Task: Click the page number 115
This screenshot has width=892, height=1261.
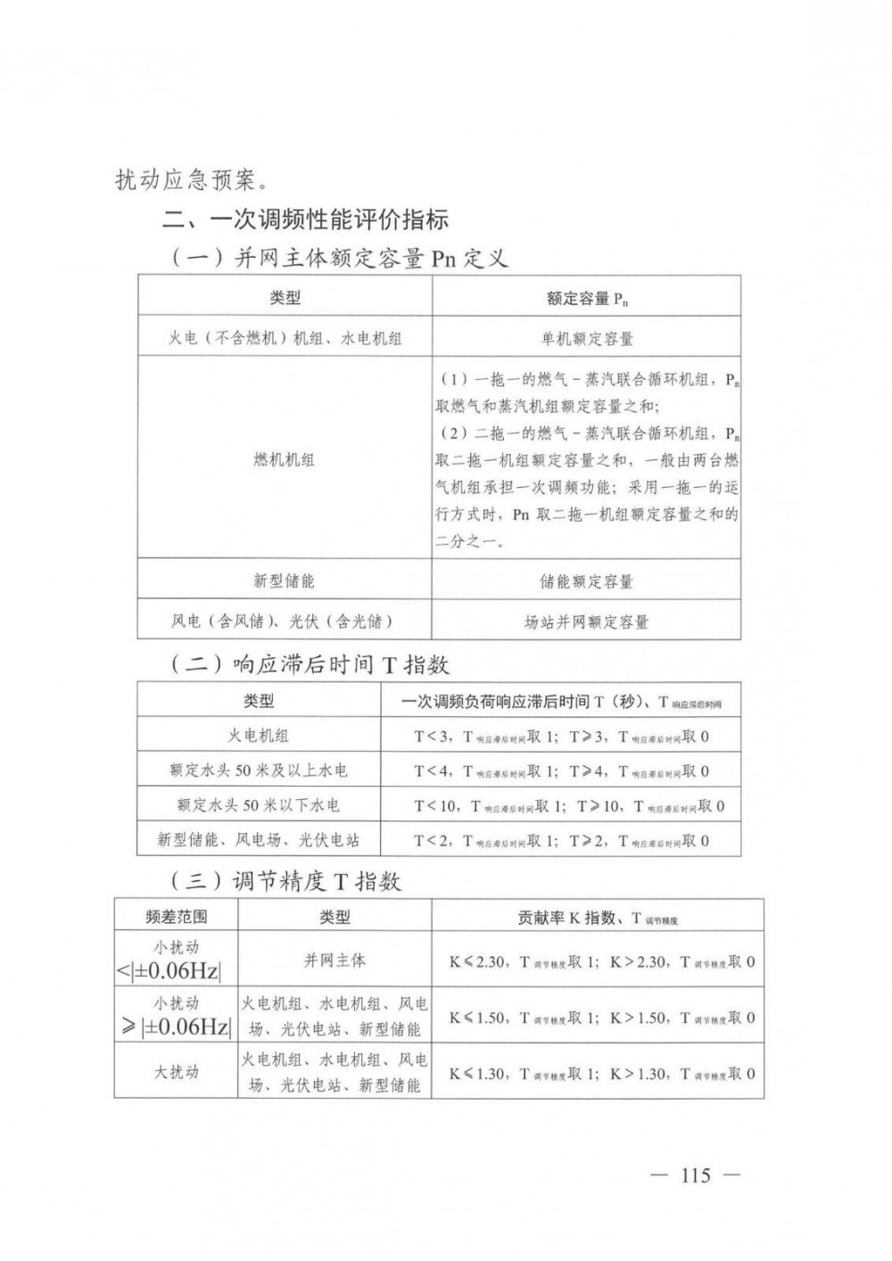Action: coord(695,1174)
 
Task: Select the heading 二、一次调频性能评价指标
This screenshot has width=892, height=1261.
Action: coord(304,218)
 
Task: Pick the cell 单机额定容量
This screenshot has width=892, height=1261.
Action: coord(587,339)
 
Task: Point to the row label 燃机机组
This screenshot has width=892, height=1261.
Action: coord(284,460)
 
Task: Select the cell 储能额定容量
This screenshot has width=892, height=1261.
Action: coord(587,581)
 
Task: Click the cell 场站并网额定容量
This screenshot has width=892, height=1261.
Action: coord(587,622)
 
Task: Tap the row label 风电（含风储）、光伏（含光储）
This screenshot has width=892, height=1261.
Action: coord(284,622)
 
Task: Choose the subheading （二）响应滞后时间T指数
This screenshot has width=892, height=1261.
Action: coord(309,665)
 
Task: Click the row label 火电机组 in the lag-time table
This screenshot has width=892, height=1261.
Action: coord(259,736)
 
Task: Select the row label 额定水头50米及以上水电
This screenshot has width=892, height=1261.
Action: coord(259,771)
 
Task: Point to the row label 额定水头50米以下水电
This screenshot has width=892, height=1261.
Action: coord(259,805)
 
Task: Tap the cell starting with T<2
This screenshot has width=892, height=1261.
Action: coord(561,840)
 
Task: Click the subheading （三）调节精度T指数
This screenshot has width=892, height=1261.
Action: coord(285,882)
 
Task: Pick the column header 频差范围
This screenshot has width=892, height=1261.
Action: coord(176,916)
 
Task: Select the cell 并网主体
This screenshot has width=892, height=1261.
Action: coord(334,960)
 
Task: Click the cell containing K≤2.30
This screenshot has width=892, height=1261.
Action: coord(602,962)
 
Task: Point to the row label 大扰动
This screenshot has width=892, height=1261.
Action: coord(176,1072)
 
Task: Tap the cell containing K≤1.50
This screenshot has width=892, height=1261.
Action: coord(602,1018)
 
